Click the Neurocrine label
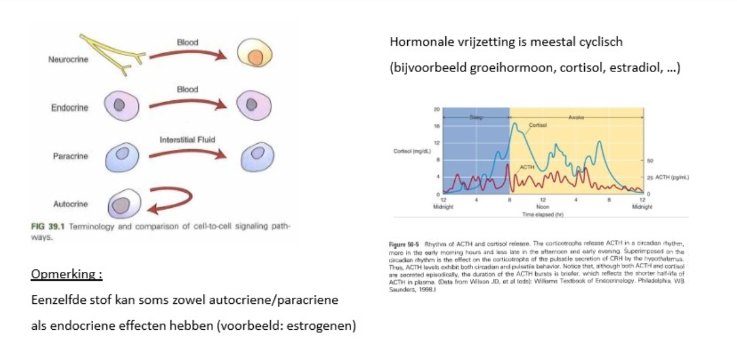[x=68, y=61]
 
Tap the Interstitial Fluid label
[x=187, y=140]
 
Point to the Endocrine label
[x=69, y=108]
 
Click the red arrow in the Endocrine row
[x=187, y=103]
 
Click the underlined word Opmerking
[x=66, y=275]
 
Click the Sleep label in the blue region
[x=475, y=118]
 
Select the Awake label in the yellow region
[x=576, y=118]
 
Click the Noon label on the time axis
[x=542, y=206]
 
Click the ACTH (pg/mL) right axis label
[x=672, y=178]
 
